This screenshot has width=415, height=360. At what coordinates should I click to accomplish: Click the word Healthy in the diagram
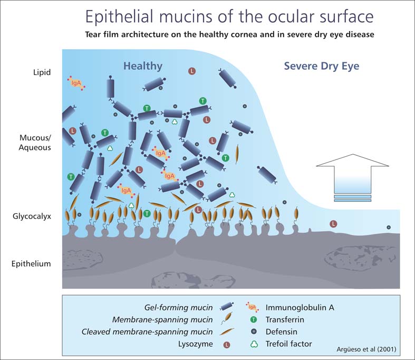143,66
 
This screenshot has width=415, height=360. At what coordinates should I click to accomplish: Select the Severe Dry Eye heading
322,66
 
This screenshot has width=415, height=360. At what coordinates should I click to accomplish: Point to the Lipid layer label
42,72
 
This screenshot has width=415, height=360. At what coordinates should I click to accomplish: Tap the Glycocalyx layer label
32,216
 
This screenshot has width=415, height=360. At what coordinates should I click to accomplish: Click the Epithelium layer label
31,263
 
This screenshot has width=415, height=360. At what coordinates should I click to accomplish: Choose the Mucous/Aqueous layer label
35,143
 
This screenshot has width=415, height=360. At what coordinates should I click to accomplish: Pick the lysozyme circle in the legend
227,345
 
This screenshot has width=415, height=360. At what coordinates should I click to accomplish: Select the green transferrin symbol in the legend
254,319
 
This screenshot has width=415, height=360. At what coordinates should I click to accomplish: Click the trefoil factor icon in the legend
254,344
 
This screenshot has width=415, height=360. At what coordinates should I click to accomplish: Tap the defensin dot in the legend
254,331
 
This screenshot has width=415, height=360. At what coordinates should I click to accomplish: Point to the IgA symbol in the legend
252,307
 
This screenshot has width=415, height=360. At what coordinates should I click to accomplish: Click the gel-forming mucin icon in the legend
227,307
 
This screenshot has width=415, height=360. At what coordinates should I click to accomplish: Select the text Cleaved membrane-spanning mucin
147,331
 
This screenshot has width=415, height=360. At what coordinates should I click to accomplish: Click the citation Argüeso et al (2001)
366,349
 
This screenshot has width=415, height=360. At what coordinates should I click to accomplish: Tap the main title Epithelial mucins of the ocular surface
229,16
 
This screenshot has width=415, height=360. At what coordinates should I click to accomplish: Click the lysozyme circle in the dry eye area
333,224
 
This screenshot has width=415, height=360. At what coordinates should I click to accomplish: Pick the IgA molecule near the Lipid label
76,83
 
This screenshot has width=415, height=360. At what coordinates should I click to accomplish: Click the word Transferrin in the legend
285,319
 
